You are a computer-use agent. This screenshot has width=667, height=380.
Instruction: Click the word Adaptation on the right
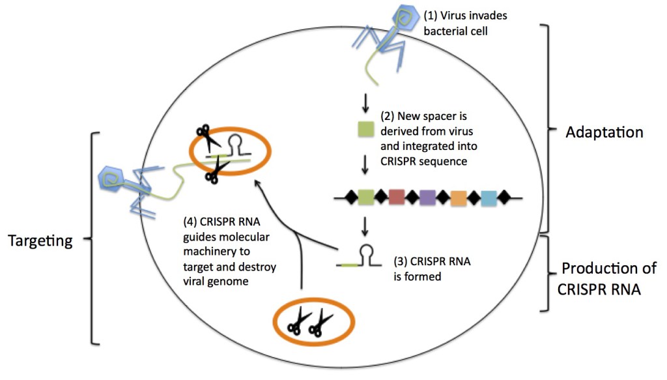point(604,132)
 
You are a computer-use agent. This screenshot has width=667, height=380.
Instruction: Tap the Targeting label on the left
point(40,241)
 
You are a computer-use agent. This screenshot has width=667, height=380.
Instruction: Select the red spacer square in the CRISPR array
point(397,197)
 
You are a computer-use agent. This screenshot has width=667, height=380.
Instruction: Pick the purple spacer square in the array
point(427,197)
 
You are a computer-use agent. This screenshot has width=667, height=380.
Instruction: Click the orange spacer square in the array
point(459,198)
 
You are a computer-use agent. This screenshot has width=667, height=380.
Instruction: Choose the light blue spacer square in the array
point(489,198)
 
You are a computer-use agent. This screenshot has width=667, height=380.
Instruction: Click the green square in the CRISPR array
point(366,197)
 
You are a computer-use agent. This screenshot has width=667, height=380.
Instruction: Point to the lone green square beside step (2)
point(366,129)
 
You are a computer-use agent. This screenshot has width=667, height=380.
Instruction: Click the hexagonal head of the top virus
point(405,18)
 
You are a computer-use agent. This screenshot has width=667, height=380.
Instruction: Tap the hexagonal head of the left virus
point(111,179)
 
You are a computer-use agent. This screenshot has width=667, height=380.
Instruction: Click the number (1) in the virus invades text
point(431,16)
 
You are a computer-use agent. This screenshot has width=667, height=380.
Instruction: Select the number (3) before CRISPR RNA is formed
point(401,261)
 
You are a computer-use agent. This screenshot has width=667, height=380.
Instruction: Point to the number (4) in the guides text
point(190,222)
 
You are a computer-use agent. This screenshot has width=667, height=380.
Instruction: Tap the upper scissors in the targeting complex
point(206,136)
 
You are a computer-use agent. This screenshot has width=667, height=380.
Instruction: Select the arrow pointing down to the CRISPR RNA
point(365,226)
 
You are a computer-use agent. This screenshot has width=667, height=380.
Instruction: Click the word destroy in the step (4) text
point(257,267)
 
